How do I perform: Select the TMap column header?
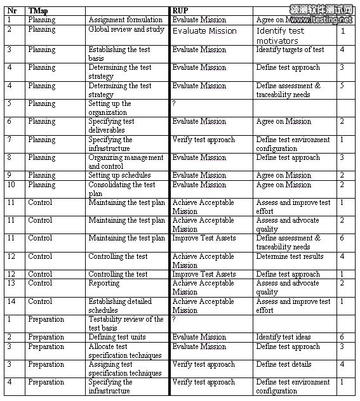(x=38, y=11)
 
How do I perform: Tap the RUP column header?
(x=180, y=11)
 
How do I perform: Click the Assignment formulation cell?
(x=125, y=20)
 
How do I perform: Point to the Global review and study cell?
(x=126, y=29)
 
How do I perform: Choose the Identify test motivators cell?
(x=281, y=36)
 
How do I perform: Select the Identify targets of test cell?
(x=290, y=49)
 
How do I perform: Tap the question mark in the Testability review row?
(x=175, y=320)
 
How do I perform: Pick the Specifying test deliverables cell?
(x=112, y=126)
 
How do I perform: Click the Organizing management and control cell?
(x=126, y=162)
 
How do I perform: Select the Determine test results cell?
(x=290, y=256)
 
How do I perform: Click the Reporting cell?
(x=104, y=284)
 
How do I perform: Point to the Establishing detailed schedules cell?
(x=120, y=306)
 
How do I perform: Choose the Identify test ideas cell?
(x=284, y=337)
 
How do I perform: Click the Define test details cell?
(x=284, y=364)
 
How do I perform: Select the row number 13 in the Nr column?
(x=10, y=284)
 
